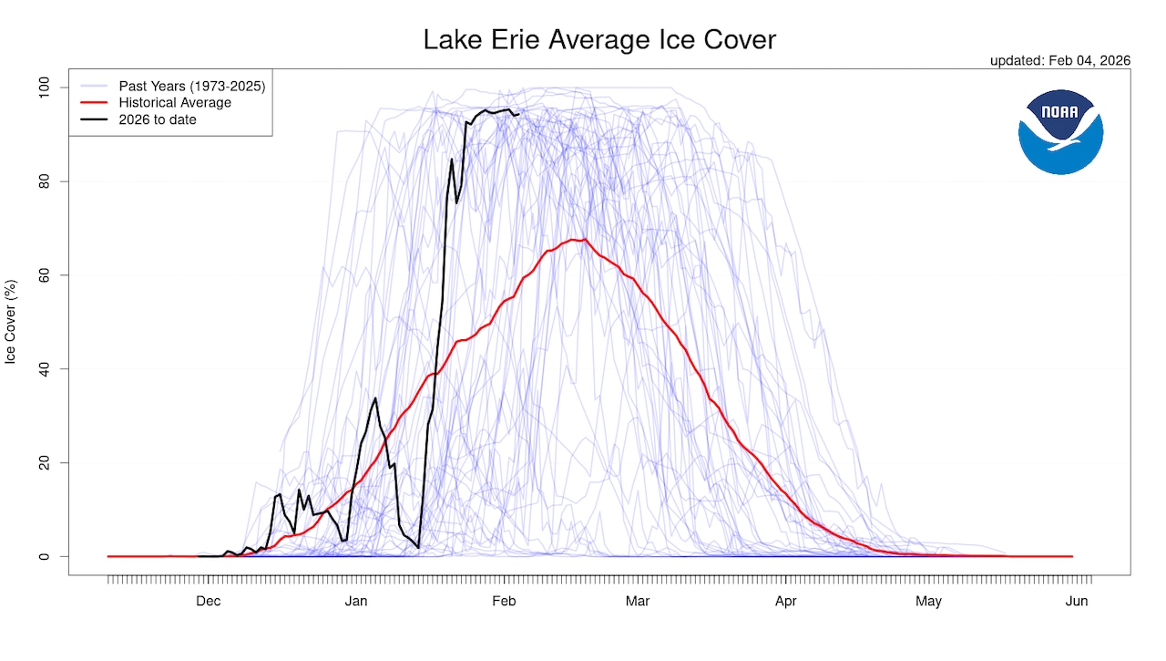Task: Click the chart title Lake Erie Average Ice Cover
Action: (599, 40)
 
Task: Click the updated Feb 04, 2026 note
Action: (1059, 60)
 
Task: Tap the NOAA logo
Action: (1060, 132)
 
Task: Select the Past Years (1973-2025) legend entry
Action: (191, 87)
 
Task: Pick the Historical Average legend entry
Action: (175, 103)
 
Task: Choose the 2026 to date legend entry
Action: (158, 119)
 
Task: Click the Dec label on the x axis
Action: (209, 602)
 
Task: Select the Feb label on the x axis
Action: (504, 602)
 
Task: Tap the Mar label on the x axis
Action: (638, 602)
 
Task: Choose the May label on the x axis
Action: (928, 602)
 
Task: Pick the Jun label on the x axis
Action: (1077, 602)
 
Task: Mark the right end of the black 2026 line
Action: (518, 114)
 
